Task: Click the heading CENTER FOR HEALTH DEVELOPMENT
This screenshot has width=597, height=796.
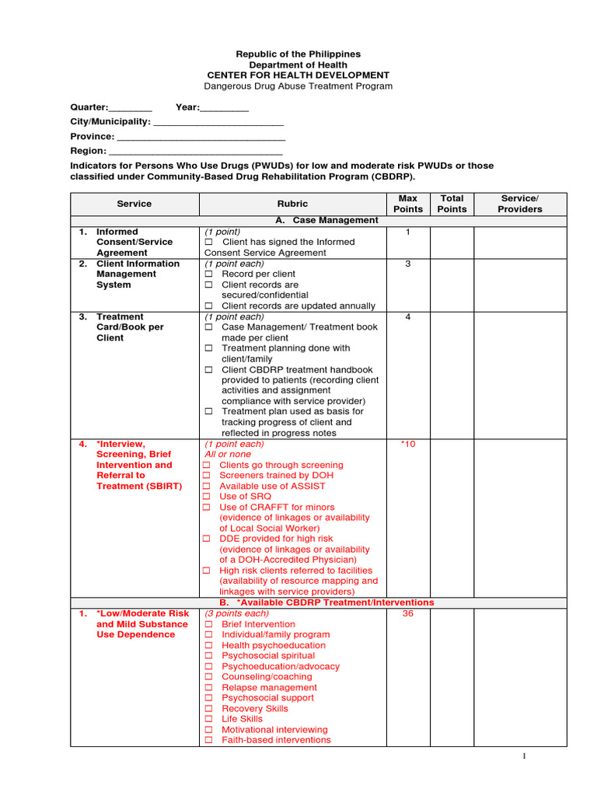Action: coord(298,75)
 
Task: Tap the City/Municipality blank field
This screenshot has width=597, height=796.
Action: coord(218,124)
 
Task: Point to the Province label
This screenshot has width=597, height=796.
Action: coord(93,136)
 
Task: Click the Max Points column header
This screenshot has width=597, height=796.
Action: coord(408,204)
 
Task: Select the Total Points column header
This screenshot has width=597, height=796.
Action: coord(452,204)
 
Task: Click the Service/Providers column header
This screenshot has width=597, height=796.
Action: coord(519,204)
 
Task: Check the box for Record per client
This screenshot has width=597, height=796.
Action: coord(208,274)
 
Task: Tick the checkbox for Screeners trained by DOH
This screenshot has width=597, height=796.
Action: coord(207,476)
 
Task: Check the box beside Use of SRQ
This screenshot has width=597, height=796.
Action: coord(207,497)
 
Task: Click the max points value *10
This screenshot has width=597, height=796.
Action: coord(408,445)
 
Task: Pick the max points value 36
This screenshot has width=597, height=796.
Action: coord(408,613)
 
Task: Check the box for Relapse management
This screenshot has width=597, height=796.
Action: coord(208,688)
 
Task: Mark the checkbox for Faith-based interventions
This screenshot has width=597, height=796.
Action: coord(208,741)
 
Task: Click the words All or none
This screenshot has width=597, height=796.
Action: coord(228,455)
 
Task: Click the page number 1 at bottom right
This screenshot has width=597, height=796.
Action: coord(524,756)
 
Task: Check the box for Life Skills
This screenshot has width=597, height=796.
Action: coord(208,720)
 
